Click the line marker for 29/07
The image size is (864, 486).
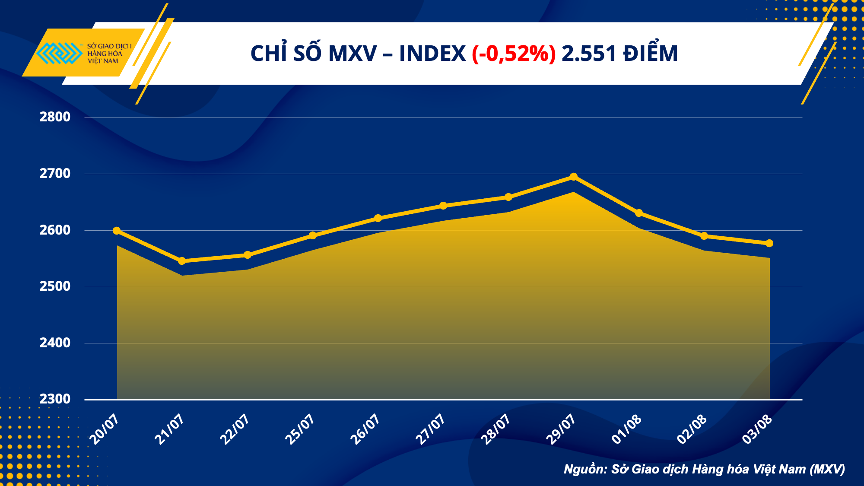(574, 177)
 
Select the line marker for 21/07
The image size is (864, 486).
(182, 261)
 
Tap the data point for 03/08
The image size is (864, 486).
(769, 243)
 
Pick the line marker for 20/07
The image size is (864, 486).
(117, 231)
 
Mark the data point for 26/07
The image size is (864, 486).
(378, 218)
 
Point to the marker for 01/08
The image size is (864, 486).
(639, 213)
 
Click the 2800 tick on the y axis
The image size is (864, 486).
(55, 117)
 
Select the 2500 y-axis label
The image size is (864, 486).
(55, 286)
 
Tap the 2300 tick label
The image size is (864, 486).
(55, 399)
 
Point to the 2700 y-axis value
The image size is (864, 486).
(55, 174)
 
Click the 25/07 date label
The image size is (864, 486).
(300, 429)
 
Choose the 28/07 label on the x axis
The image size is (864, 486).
(496, 429)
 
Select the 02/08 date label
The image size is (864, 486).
(692, 429)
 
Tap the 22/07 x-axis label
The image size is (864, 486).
(235, 429)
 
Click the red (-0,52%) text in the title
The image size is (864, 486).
(513, 54)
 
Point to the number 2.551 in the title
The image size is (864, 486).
(589, 54)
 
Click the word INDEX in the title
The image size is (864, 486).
(432, 54)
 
